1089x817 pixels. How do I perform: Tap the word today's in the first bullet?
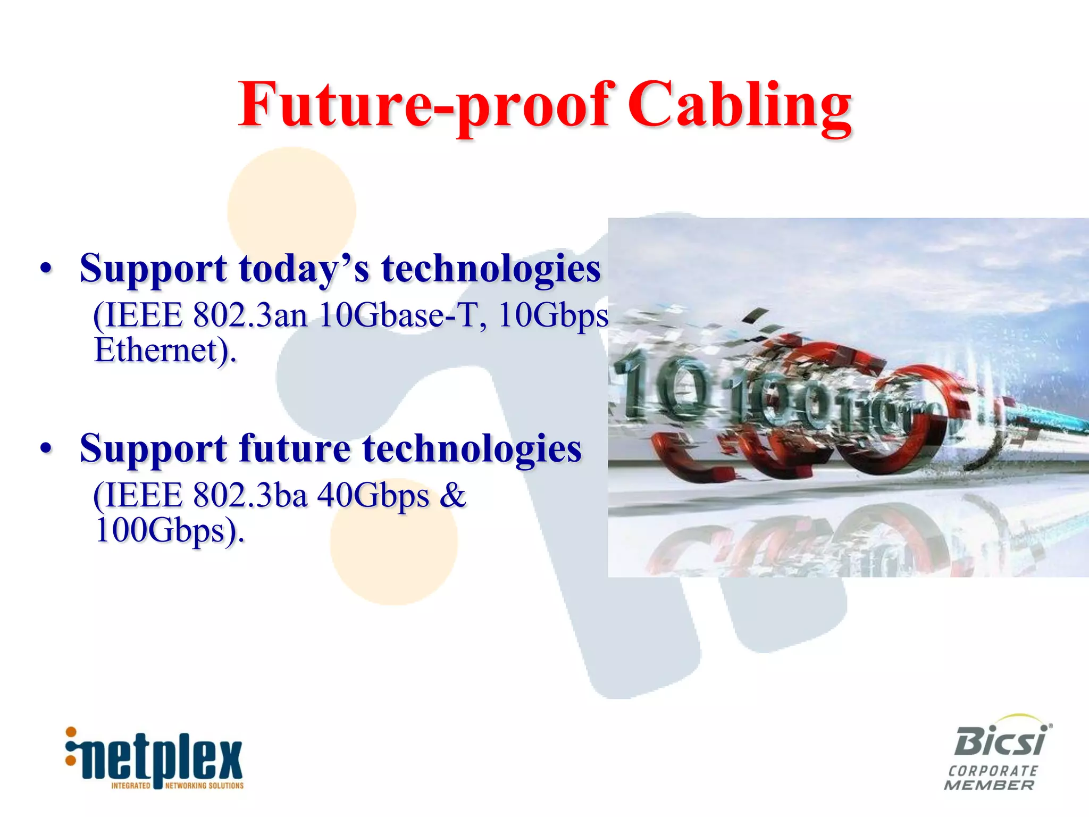tap(304, 269)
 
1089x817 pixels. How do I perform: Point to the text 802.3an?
tap(250, 315)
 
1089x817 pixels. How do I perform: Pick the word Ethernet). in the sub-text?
tap(165, 351)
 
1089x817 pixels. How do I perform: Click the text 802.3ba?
tap(250, 495)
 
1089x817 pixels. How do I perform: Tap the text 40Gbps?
tap(373, 495)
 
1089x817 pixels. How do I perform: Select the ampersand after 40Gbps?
tap(453, 495)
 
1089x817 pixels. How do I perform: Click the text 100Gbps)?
tap(169, 531)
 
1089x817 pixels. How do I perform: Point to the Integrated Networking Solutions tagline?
tap(177, 786)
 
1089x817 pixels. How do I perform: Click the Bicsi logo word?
tap(1001, 740)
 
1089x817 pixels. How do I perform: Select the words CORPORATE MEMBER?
tap(990, 778)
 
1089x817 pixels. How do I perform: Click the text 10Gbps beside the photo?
tap(553, 315)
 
